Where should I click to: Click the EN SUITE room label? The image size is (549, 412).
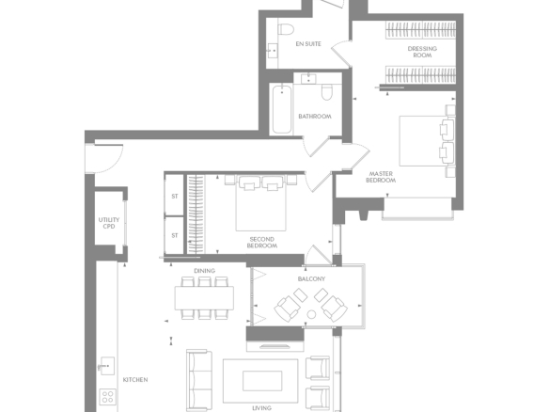308,44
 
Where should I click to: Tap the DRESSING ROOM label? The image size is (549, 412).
422,52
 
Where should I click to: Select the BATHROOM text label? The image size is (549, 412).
315,117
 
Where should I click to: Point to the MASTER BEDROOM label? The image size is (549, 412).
381,177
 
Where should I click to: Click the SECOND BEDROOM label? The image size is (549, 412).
262,243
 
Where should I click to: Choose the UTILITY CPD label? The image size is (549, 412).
109,223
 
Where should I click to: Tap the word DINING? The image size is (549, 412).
205,271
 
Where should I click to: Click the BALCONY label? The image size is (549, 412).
311,278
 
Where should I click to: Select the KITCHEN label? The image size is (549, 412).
135,379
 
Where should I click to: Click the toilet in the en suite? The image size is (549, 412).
286,28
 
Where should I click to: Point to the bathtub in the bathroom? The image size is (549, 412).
282,109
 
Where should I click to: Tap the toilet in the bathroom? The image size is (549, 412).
326,91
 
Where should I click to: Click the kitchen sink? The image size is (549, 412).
106,366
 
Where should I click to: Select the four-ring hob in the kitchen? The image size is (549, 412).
108,397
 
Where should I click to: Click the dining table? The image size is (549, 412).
205,298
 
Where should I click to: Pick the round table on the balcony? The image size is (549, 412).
311,314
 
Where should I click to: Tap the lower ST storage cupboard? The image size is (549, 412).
174,235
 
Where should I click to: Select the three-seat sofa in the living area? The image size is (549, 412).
199,380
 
